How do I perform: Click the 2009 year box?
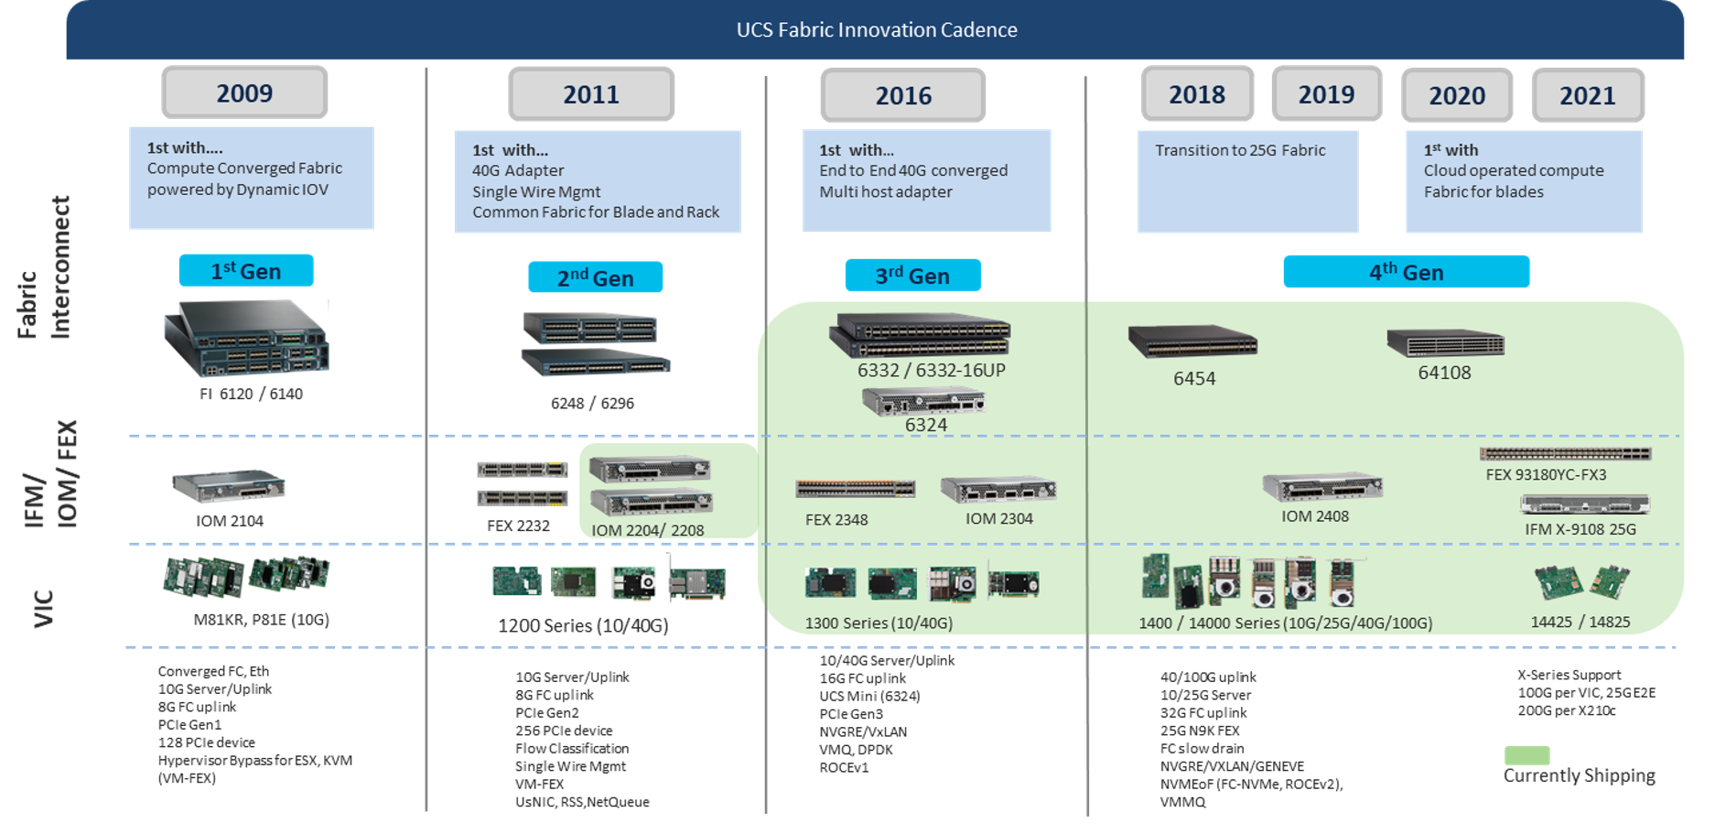coord(244,92)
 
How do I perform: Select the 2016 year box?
coord(903,95)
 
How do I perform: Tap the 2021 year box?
coord(1587,95)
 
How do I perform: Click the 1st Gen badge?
coord(246,271)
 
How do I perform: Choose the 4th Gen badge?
coord(1406,272)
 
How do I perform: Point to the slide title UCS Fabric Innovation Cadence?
coord(876,29)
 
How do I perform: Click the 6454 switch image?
coord(1192,342)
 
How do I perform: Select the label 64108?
coord(1444,373)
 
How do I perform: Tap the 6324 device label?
coord(925,425)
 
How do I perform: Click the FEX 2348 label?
coord(836,520)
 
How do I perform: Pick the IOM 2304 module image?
coord(998,490)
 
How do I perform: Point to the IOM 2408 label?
coord(1314,516)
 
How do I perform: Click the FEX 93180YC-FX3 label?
coord(1546,474)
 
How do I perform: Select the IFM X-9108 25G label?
coord(1580,529)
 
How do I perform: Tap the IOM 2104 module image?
coord(229,486)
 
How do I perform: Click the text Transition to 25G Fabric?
coord(1239,150)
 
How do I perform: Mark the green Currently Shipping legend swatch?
coord(1526,755)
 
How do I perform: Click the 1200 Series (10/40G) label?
coord(582,625)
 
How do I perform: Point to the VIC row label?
coord(43,608)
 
